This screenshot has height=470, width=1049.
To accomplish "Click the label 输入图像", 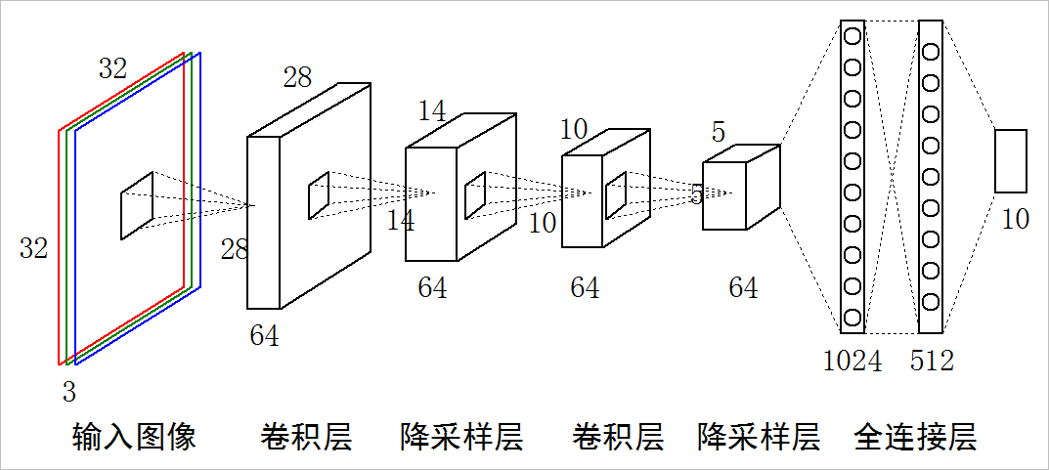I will [x=135, y=436].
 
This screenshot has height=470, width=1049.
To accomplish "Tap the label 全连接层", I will [x=915, y=436].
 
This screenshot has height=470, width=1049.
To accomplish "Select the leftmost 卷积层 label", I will [x=306, y=436].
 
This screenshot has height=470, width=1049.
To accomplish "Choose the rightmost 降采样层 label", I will [x=759, y=436].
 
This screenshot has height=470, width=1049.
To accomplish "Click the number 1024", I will [x=852, y=361].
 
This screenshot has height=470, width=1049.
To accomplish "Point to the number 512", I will [x=931, y=361].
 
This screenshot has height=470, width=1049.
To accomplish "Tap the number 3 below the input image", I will [x=68, y=393].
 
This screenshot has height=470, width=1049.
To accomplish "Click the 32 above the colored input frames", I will [x=112, y=68].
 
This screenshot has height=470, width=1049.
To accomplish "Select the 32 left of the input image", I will [x=33, y=248].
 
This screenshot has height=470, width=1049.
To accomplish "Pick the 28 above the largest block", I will [x=297, y=78].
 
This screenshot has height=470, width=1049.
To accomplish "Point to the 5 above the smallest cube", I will [x=719, y=130].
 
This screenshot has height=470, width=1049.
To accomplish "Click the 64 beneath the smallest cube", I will [x=743, y=287].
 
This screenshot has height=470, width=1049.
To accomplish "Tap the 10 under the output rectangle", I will [x=1016, y=219].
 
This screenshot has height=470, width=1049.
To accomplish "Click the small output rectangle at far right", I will [x=1011, y=160].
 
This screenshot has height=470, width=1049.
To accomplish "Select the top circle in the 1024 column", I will [x=852, y=36].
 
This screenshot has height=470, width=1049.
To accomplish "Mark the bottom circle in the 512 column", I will [x=931, y=302].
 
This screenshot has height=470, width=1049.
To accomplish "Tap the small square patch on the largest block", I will [x=319, y=195].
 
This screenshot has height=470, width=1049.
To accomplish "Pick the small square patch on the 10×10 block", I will [x=616, y=196].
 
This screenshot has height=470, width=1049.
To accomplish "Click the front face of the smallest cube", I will [x=724, y=195].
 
